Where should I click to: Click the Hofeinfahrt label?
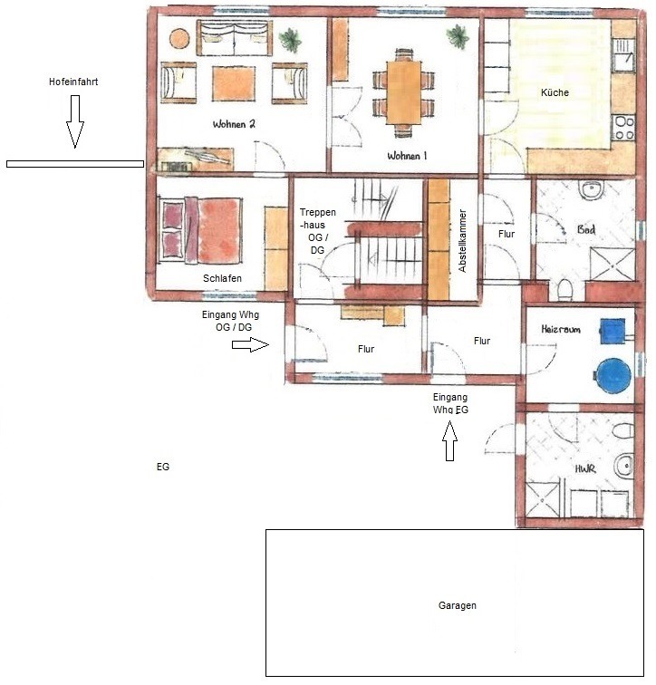[73, 82]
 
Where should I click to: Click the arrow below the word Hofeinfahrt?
[75, 121]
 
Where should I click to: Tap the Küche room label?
[555, 92]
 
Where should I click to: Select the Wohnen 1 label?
[407, 156]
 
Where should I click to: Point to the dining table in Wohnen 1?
[403, 92]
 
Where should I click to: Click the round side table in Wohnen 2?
[179, 39]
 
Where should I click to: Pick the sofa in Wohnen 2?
[235, 38]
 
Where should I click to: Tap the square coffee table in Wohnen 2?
[234, 83]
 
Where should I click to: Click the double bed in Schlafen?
[201, 230]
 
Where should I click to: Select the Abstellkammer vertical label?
[462, 241]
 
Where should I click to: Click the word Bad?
[585, 229]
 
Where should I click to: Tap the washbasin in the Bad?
[591, 189]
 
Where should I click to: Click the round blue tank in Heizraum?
[613, 375]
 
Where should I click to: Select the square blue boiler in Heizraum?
[613, 332]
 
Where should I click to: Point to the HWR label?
[584, 469]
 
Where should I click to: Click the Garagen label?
[458, 605]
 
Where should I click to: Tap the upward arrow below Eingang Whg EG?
[449, 440]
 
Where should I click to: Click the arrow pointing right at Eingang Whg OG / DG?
[250, 344]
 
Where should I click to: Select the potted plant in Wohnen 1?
[458, 36]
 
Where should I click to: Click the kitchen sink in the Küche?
[622, 55]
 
